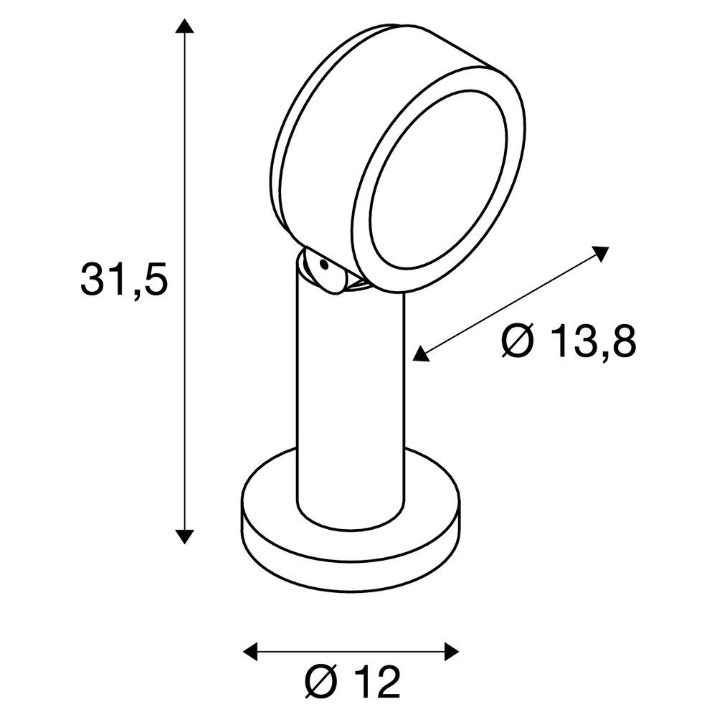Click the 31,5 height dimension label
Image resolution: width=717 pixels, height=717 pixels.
coord(124,279)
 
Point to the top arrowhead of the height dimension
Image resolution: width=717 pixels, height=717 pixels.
coord(185,27)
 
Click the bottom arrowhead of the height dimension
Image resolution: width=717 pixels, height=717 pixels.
coord(185,536)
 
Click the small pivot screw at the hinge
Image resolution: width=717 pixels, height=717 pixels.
coord(324,266)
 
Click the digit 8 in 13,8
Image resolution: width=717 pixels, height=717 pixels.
coord(620,342)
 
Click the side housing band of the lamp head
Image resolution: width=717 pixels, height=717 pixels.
coord(301,143)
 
